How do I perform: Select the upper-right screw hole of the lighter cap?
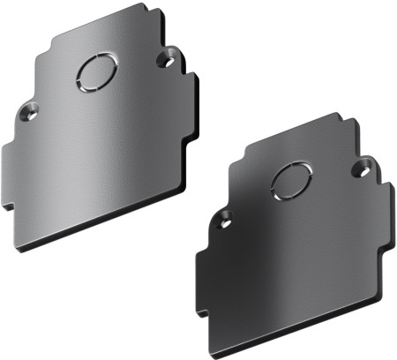[x=165, y=60]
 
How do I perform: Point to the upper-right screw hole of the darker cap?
[x=360, y=165]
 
